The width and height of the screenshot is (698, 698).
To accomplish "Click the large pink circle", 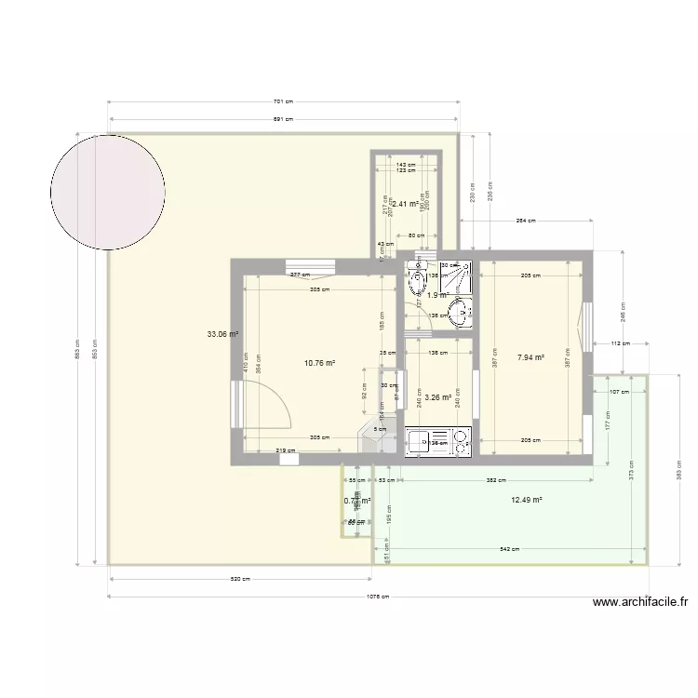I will [x=108, y=193].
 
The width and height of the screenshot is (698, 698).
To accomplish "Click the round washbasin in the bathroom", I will [x=459, y=312].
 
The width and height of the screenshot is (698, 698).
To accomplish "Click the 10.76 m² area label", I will [x=321, y=364].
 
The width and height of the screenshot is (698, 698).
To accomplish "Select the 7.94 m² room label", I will [x=530, y=356].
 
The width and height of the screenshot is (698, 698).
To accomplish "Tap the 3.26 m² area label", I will [x=438, y=397].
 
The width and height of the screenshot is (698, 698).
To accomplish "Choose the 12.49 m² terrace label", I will [x=527, y=500].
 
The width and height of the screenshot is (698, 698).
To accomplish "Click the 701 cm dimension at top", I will [x=283, y=103].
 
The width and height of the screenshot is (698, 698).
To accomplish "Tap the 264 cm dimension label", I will [x=527, y=221].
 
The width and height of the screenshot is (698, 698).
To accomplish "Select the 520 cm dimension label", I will [x=240, y=580].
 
